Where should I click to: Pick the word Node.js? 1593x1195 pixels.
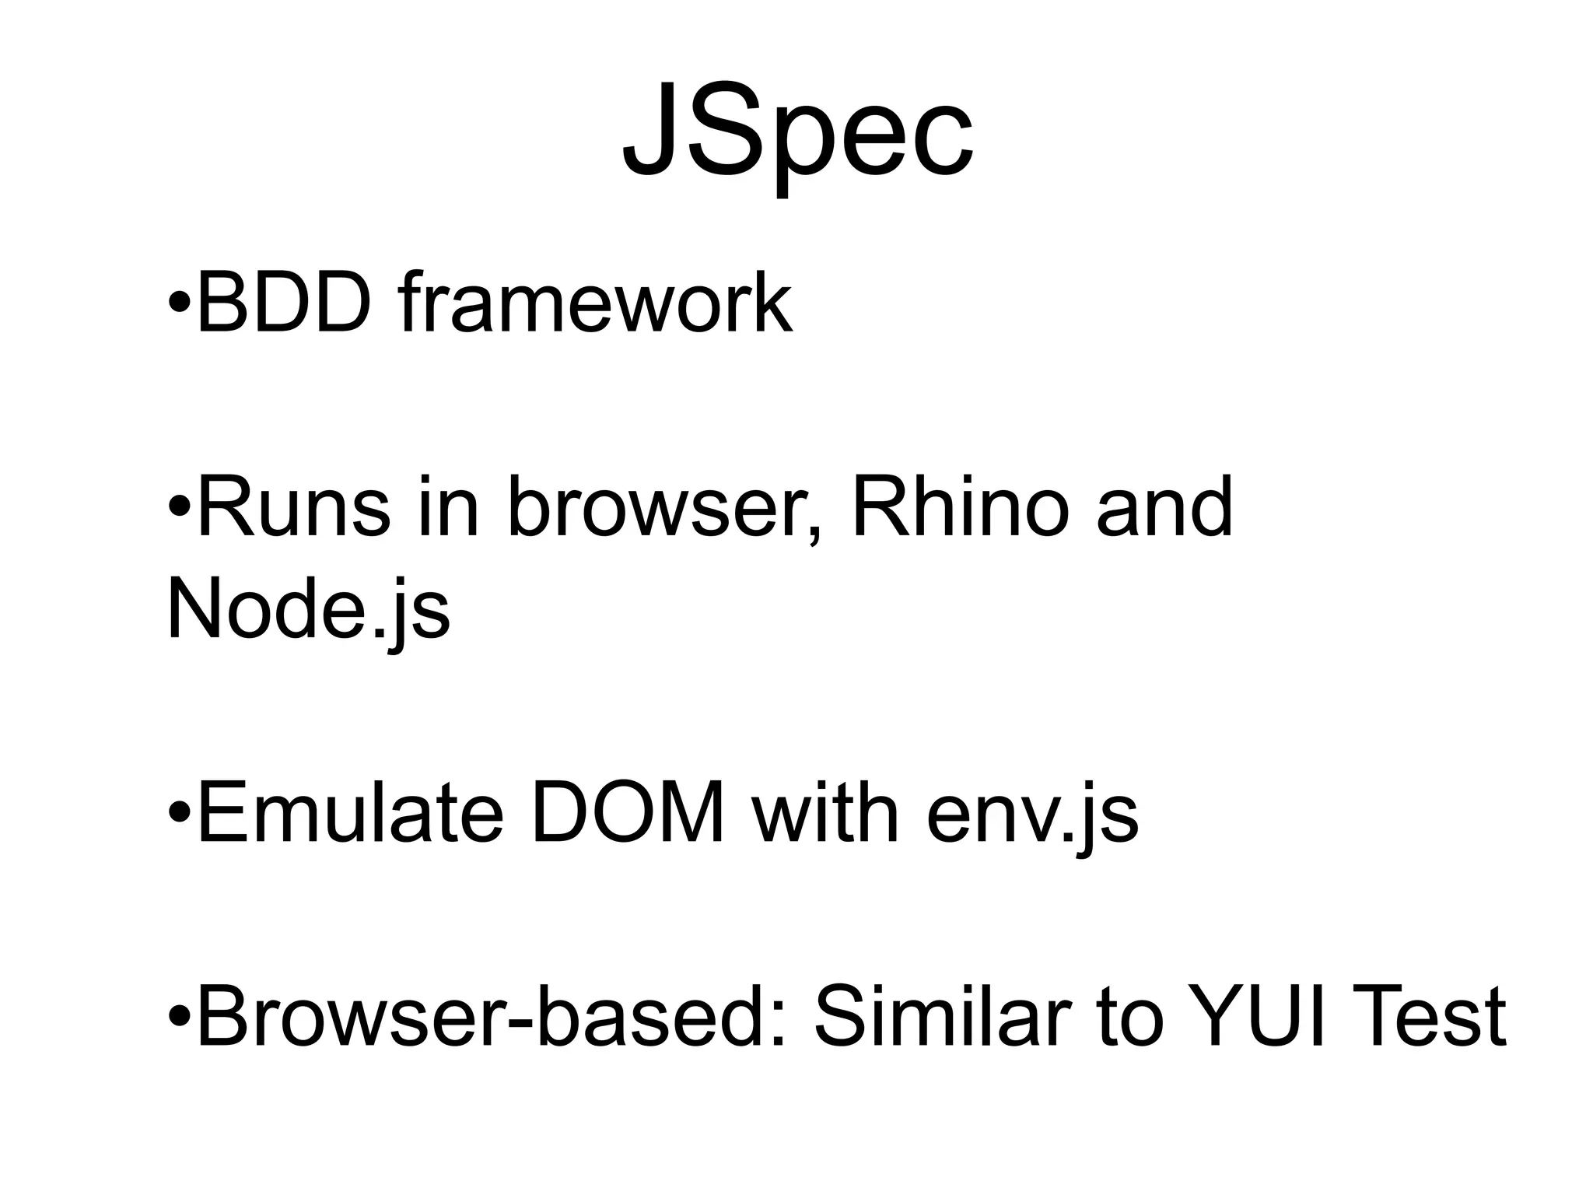click(308, 612)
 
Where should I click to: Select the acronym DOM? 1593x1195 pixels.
click(627, 814)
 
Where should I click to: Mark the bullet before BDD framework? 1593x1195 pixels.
click(179, 305)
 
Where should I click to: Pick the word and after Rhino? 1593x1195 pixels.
click(1164, 507)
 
